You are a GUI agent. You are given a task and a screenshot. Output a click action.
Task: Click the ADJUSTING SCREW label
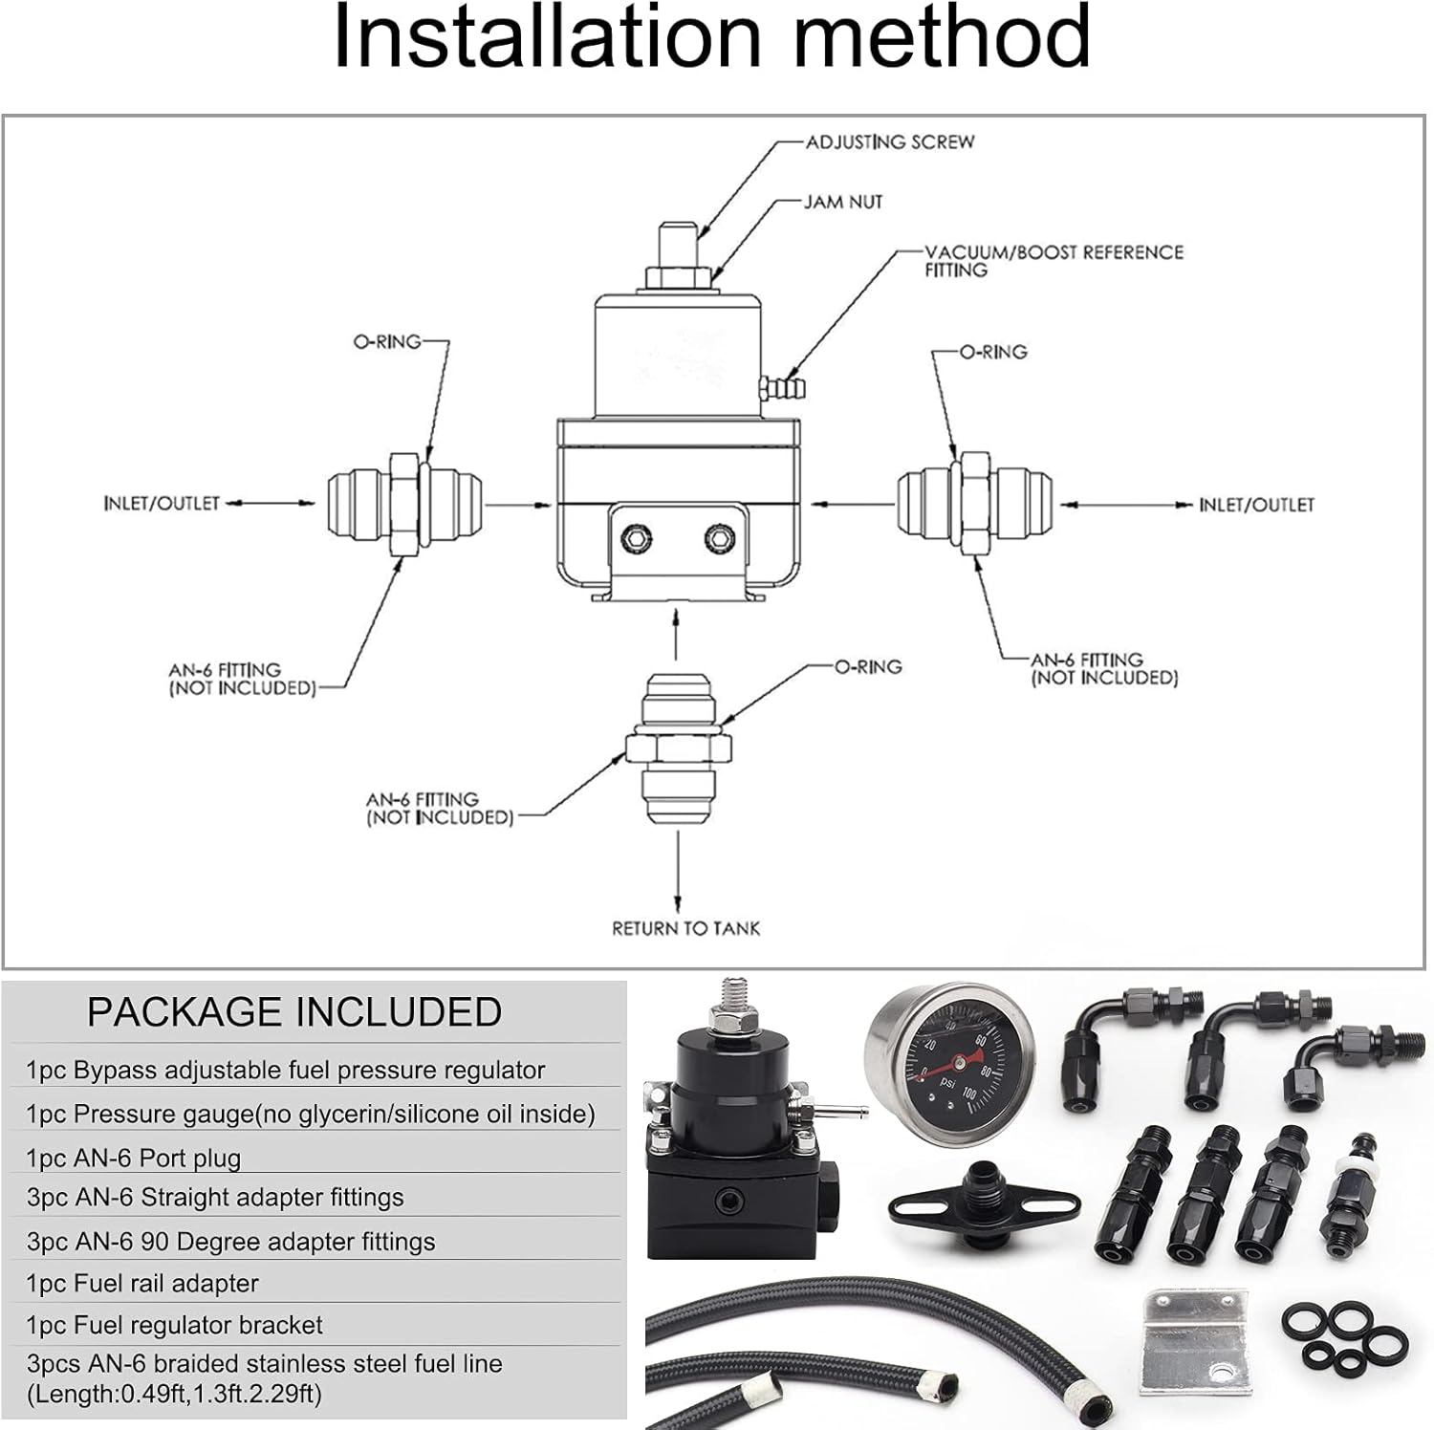click(x=889, y=142)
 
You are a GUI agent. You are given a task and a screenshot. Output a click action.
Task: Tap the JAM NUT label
click(x=842, y=203)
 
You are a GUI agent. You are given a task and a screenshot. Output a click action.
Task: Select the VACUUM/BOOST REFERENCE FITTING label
click(x=1053, y=261)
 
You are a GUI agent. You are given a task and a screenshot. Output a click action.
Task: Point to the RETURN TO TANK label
click(x=685, y=928)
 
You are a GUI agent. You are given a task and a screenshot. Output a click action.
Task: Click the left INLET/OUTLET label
click(x=162, y=504)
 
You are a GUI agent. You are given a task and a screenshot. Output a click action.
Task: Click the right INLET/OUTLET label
click(x=1256, y=505)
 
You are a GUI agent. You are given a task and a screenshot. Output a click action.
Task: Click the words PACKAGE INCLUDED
click(x=294, y=1012)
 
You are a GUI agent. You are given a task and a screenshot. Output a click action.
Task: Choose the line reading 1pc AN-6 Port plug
click(x=134, y=1158)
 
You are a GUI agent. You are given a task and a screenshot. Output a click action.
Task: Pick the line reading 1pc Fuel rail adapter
click(x=142, y=1283)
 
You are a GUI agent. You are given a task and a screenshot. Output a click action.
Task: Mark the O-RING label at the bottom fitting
click(x=868, y=667)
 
